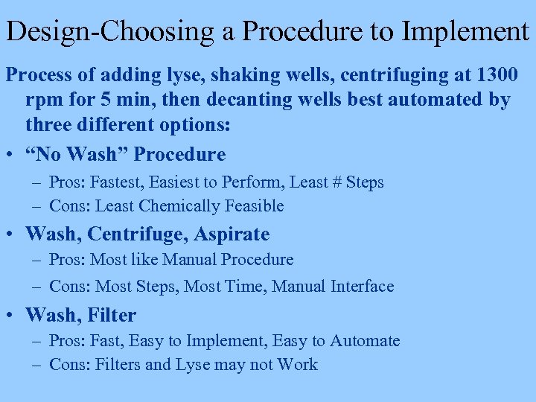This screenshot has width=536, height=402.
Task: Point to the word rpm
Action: tap(42, 100)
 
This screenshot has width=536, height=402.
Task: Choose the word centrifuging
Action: tap(349, 75)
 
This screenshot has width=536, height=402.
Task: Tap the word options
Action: tap(193, 124)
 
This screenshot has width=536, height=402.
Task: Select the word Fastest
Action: tap(118, 182)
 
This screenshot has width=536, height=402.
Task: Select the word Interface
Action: tap(363, 286)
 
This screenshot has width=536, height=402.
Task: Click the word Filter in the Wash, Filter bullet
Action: tap(112, 316)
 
